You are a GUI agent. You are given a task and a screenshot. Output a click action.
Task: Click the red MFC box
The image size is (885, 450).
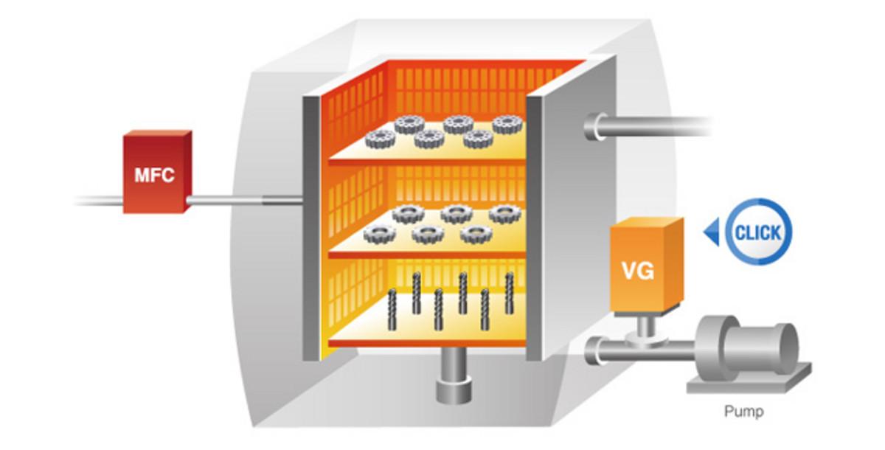[x=156, y=174]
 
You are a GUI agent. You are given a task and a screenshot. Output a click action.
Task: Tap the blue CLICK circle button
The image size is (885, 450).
[x=757, y=233]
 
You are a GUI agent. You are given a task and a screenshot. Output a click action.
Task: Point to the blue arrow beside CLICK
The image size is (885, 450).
[x=711, y=234]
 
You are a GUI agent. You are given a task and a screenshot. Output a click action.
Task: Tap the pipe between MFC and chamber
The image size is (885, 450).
[x=243, y=199]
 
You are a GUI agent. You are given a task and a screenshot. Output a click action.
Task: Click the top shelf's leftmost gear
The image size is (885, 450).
[x=381, y=136]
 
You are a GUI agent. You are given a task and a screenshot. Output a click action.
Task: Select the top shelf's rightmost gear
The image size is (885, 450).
[x=507, y=125]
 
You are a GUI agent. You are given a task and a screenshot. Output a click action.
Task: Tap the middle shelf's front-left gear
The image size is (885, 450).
[x=381, y=235]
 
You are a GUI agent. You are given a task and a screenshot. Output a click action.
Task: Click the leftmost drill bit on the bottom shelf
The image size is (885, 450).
[x=394, y=311]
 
